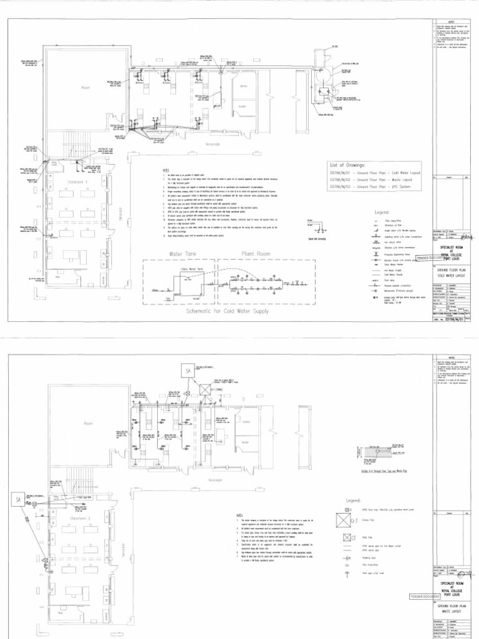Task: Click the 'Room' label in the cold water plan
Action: [85, 88]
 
